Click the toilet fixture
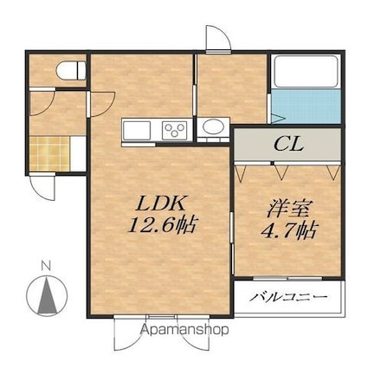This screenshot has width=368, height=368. (x=71, y=70)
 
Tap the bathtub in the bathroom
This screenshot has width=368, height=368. (x=306, y=71)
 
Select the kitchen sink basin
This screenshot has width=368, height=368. (x=137, y=131)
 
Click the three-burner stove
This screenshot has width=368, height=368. (x=174, y=130)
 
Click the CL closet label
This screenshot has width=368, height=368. (x=289, y=144)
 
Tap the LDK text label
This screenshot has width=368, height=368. (x=160, y=204)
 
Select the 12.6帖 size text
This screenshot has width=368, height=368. (x=163, y=225)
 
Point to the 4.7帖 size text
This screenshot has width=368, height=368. (x=289, y=230)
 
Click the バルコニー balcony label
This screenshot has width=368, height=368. (x=288, y=296)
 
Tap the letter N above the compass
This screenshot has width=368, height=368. (x=46, y=266)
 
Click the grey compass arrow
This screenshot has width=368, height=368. (x=47, y=295)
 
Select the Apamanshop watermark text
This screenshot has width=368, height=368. (x=184, y=330)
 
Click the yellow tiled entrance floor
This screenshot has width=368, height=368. (x=49, y=153)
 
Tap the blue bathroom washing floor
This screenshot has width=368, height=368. (x=306, y=107)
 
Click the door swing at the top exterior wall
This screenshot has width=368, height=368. (x=217, y=38)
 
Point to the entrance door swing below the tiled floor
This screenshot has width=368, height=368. (x=42, y=187)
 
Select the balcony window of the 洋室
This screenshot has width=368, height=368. (x=287, y=279)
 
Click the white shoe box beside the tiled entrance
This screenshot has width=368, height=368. (x=78, y=153)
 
